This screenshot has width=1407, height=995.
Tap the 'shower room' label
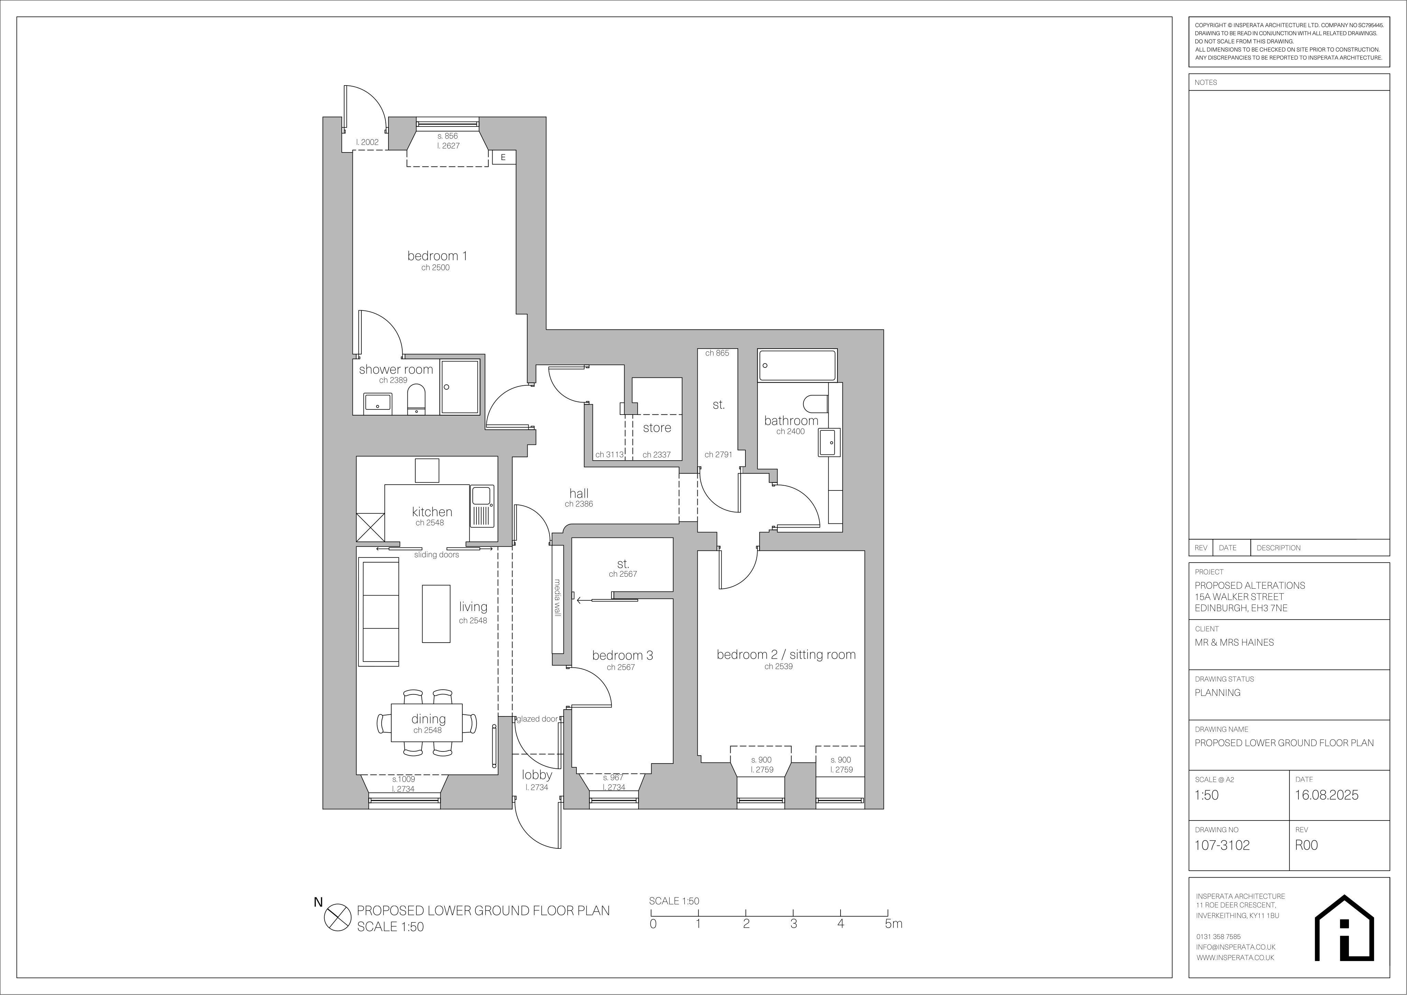point(396,370)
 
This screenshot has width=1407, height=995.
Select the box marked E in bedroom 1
point(503,157)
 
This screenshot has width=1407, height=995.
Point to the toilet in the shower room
point(417,399)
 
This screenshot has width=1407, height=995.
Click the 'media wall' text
point(558,597)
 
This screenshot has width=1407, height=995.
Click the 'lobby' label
point(537,775)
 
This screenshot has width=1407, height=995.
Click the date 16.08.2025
point(1326,795)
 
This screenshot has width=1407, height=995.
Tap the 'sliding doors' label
point(436,554)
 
